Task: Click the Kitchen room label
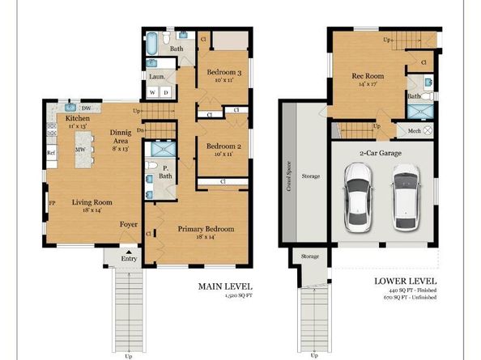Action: [x=78, y=118]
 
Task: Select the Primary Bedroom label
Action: [x=206, y=229]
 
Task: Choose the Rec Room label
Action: [x=368, y=78]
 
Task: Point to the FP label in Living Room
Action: [x=52, y=203]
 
